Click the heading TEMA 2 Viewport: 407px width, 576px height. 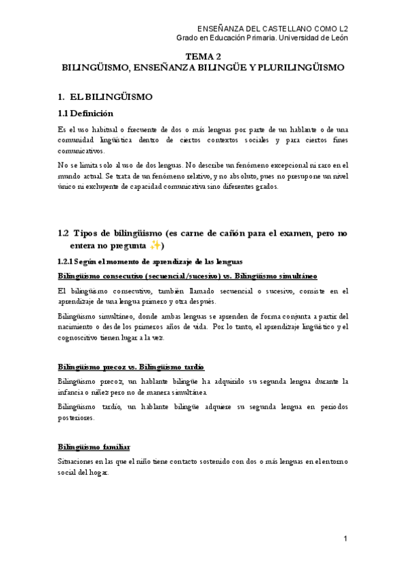click(204, 57)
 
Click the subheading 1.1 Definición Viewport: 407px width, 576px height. click(86, 113)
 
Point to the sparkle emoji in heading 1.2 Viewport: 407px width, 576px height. click(156, 245)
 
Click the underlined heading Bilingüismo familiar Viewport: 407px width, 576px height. click(94, 446)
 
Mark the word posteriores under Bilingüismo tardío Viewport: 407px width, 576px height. click(76, 418)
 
